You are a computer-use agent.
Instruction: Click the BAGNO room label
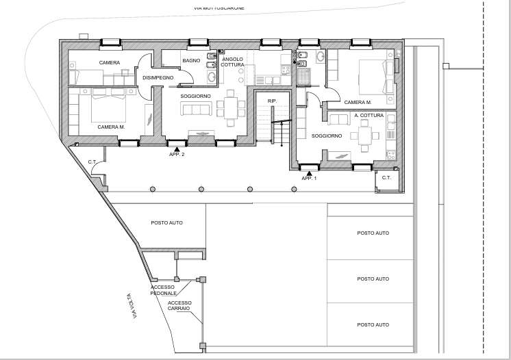click(191, 60)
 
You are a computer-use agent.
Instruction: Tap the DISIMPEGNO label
click(158, 78)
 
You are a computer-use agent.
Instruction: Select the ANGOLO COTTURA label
click(232, 62)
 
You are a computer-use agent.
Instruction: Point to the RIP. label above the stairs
click(272, 101)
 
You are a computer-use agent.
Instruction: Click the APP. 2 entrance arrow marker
click(177, 149)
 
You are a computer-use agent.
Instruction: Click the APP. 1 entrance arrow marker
click(310, 173)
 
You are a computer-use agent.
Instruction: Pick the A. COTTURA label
click(369, 115)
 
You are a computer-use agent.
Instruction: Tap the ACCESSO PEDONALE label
click(163, 290)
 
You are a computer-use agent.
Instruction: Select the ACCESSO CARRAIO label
click(179, 306)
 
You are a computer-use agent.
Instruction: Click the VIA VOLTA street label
click(132, 306)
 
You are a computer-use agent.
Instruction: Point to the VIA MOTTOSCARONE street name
click(219, 8)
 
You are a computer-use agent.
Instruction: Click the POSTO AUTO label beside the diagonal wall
click(167, 223)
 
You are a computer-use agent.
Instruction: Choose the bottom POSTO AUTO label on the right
click(373, 325)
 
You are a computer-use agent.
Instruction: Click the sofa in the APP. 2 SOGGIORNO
click(196, 109)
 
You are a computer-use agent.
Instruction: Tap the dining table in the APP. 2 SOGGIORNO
click(231, 108)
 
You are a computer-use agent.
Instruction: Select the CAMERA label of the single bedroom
click(110, 62)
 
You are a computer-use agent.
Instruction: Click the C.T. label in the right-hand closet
click(386, 178)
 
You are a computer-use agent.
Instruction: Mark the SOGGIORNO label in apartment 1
click(327, 136)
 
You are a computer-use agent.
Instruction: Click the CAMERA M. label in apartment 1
click(358, 102)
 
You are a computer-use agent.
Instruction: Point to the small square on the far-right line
click(446, 66)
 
